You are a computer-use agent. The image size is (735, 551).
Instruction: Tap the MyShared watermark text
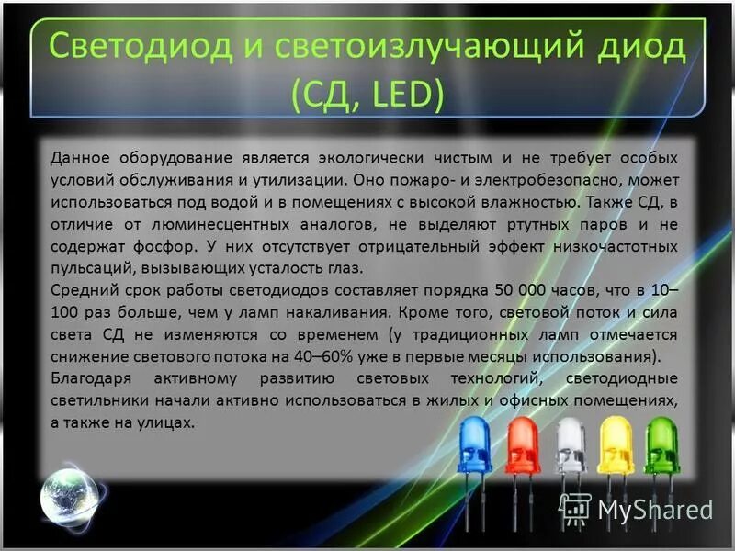[654, 509]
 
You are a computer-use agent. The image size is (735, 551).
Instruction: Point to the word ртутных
[519, 224]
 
